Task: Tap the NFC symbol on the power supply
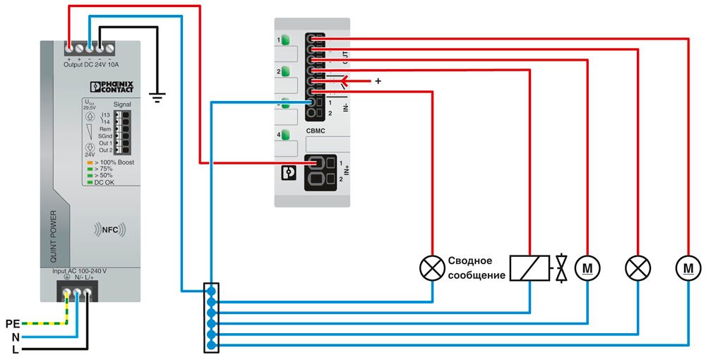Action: click(109, 229)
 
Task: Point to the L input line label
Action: click(15, 349)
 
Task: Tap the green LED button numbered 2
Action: click(285, 72)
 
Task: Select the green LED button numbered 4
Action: click(285, 135)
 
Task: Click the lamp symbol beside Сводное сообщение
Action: click(431, 268)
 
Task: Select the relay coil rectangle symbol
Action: click(529, 268)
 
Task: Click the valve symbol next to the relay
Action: click(561, 268)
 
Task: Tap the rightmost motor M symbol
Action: click(687, 268)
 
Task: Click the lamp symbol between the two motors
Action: click(637, 268)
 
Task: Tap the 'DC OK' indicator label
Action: click(103, 182)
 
